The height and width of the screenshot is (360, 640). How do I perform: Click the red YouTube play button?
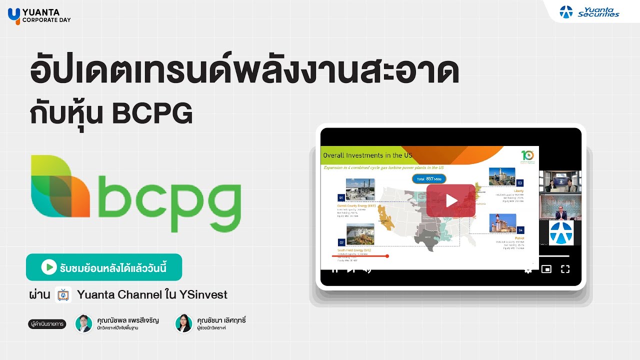click(450, 200)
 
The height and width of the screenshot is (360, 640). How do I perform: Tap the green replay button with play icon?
click(104, 267)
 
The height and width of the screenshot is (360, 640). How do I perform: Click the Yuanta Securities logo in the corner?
click(589, 11)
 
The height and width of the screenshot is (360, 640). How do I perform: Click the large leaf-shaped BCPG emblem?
click(60, 186)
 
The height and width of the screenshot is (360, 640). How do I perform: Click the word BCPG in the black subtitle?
click(152, 114)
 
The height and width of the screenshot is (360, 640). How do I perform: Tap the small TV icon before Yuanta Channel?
click(63, 295)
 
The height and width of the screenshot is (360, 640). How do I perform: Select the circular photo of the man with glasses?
click(84, 323)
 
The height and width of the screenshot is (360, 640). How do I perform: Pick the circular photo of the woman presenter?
click(183, 323)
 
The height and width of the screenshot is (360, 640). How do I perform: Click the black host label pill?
click(47, 324)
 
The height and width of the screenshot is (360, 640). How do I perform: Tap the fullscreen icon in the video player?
click(565, 269)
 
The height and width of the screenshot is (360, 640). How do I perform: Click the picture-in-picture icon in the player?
click(546, 269)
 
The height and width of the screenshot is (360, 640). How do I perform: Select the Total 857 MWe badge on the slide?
click(429, 178)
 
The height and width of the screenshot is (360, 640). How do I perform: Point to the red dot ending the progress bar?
click(387, 256)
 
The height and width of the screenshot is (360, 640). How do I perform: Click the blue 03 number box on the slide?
click(519, 182)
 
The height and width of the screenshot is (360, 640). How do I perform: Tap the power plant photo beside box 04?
click(502, 223)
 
